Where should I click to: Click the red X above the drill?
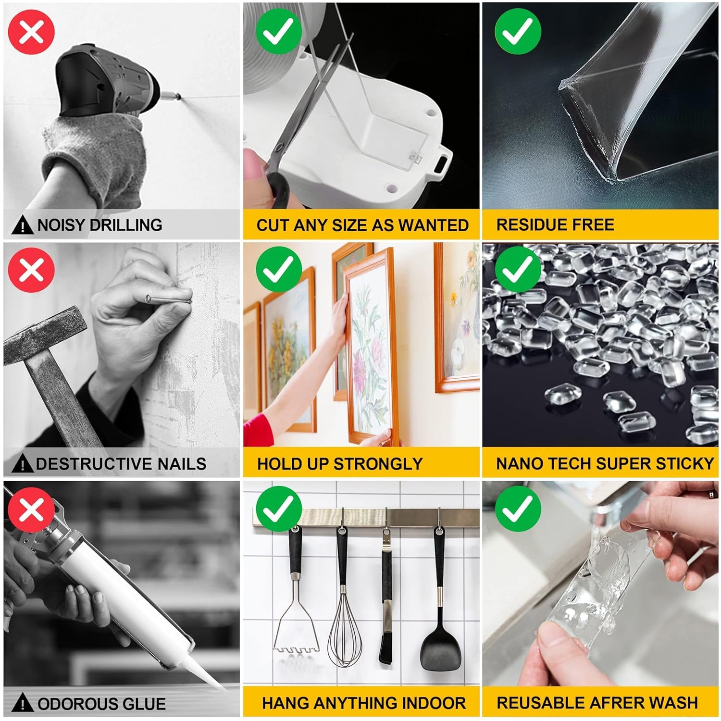click(32, 31)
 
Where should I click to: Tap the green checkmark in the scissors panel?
click(279, 31)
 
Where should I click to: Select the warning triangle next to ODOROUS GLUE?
click(22, 704)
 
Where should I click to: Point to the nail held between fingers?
click(168, 300)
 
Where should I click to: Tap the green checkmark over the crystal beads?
click(518, 269)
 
